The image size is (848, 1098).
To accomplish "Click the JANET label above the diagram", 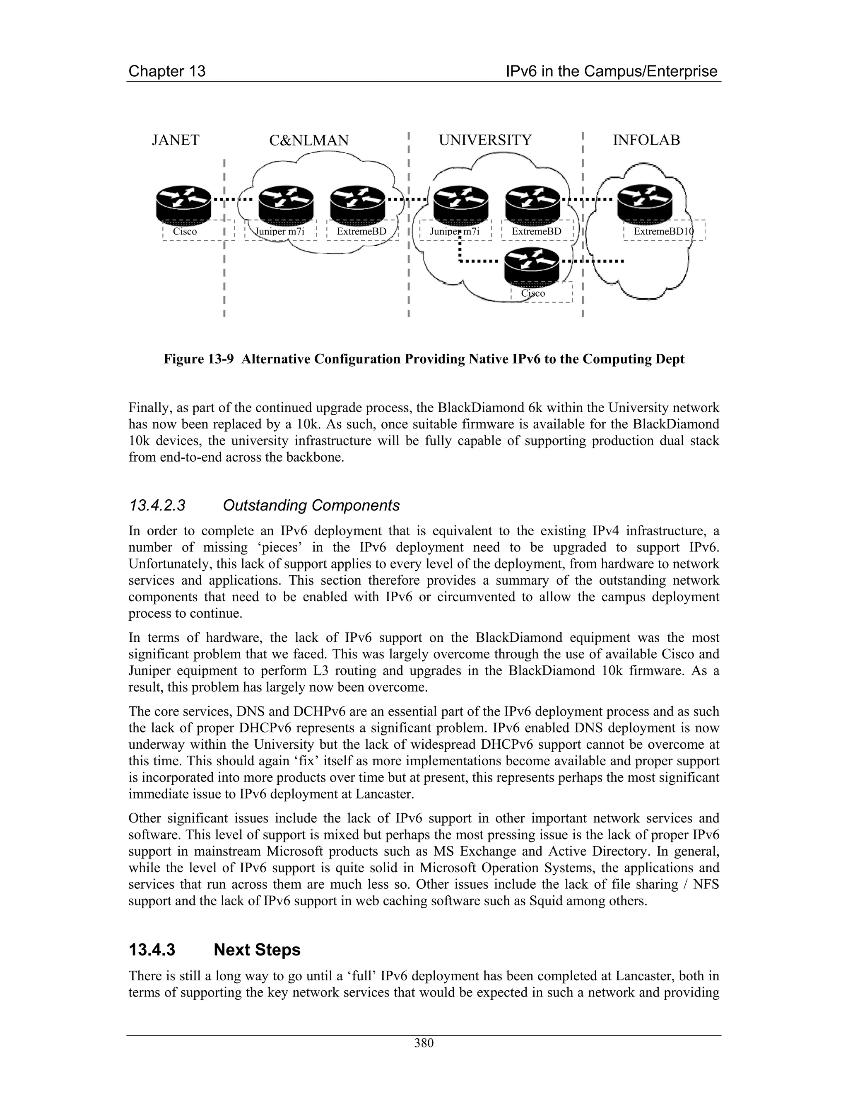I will (x=175, y=140).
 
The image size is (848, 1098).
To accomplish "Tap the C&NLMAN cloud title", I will (x=308, y=140).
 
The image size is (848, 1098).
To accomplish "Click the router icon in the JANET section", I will (x=184, y=203).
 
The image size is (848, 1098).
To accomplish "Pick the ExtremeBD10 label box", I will (x=663, y=231).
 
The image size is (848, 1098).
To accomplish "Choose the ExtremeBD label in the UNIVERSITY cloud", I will (x=536, y=231).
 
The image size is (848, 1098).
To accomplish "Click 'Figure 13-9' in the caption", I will (x=198, y=360).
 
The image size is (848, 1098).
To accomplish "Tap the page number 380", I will (x=424, y=1043).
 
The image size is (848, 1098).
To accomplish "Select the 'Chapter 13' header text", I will (x=167, y=71).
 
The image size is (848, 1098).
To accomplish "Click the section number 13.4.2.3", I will (x=157, y=505).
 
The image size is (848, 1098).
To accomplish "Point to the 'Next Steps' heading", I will (x=257, y=950).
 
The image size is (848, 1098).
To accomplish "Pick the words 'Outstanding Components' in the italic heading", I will (x=311, y=505).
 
